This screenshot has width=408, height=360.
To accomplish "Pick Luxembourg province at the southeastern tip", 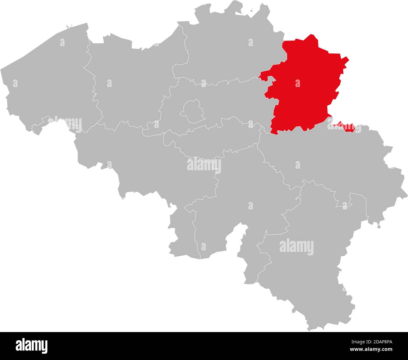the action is (308, 267).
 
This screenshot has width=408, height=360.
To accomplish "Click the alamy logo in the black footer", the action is (32, 346).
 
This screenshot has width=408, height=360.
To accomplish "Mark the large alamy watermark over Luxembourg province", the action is (296, 247).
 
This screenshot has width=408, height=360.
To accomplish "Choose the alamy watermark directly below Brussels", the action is (204, 164).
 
